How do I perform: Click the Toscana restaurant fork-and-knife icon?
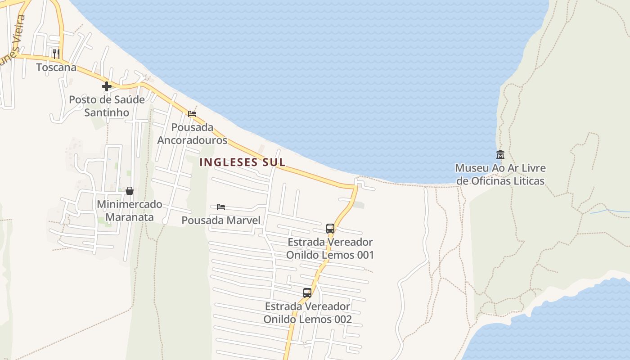pos(56,54)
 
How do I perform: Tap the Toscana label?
pos(56,67)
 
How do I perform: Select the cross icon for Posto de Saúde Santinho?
pos(107,86)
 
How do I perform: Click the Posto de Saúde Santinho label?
pos(107,106)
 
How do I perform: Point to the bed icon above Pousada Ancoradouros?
pos(192,114)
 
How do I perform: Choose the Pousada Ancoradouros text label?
pos(192,134)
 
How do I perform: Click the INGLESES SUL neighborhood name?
pos(242,162)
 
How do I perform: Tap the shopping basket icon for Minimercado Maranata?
pos(130,191)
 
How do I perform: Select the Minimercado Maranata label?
pos(130,211)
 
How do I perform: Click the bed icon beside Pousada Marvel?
pos(221,207)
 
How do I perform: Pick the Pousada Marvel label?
pos(221,220)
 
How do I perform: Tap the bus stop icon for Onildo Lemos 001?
pos(330,229)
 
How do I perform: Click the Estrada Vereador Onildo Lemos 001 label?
pos(330,248)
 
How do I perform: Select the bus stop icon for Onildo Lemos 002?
pos(307,293)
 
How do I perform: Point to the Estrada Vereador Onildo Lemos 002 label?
pos(307,313)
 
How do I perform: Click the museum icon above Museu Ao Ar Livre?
pos(500,155)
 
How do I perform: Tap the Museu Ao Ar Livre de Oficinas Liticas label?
pos(500,175)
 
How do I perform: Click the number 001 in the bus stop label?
pos(364,255)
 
